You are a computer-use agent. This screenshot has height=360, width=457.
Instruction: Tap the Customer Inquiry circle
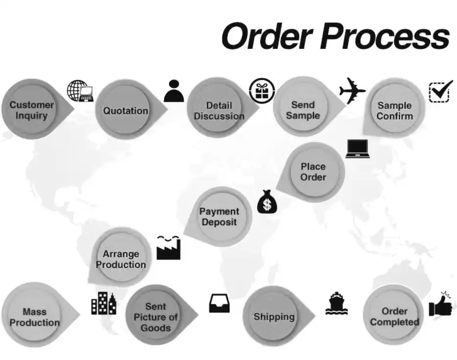32,109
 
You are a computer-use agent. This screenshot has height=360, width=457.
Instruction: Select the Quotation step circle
126,110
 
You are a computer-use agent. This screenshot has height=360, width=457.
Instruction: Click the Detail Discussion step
218,110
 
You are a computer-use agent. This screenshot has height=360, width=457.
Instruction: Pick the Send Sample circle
303,109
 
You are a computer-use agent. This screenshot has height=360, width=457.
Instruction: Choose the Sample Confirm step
394,110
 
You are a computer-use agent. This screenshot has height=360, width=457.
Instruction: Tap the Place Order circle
313,171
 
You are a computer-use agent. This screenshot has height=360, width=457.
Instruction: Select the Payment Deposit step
219,216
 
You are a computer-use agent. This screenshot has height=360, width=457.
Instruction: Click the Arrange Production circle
121,259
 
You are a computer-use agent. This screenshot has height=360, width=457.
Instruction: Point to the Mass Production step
35,317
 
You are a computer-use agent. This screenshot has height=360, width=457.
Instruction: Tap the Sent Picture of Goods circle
156,317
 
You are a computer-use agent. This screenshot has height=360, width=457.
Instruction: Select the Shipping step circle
274,317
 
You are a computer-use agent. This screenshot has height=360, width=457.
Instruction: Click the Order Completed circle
394,316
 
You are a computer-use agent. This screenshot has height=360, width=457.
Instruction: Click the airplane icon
352,90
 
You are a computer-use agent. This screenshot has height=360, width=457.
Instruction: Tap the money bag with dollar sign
266,201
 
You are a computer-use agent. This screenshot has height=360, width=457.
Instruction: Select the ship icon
337,303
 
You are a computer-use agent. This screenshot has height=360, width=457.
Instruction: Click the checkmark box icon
439,91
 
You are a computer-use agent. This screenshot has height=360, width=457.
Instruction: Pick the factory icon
169,247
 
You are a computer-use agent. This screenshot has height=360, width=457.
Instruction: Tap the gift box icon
259,90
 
